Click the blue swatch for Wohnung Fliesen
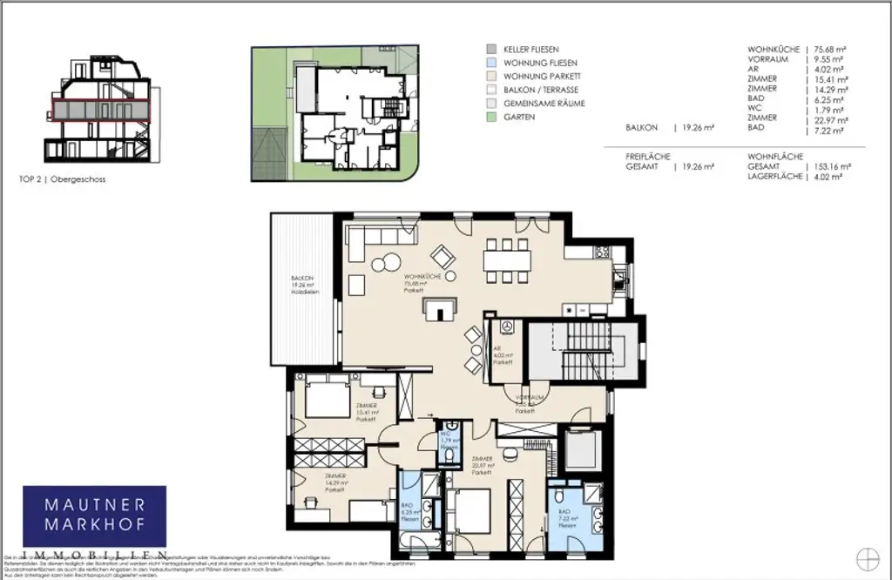click(x=491, y=63)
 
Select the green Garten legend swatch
click(x=491, y=116)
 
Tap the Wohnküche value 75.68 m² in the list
click(x=830, y=49)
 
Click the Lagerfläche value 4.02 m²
click(x=827, y=177)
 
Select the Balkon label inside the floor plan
click(x=304, y=286)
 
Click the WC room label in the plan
click(x=445, y=439)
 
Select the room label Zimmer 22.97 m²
click(x=483, y=466)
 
